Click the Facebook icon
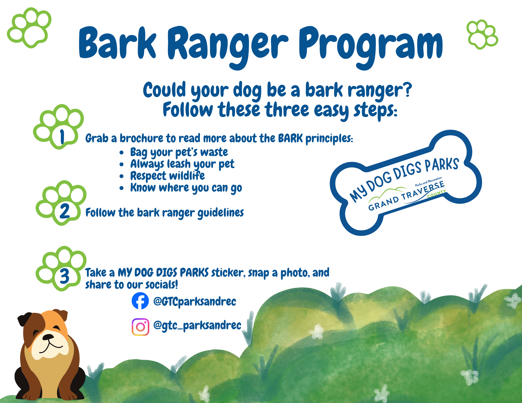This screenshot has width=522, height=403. (140, 301)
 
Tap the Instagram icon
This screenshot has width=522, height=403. (140, 327)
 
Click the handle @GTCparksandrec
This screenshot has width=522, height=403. (195, 302)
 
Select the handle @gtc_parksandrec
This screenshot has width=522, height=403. (197, 325)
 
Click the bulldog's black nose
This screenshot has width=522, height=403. (48, 337)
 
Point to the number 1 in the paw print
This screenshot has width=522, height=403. (62, 137)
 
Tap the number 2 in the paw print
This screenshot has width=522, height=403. (64, 211)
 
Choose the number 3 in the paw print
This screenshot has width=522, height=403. (64, 276)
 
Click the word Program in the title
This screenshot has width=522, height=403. (371, 44)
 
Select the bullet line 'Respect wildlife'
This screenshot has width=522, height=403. (167, 176)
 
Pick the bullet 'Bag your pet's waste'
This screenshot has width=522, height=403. (179, 152)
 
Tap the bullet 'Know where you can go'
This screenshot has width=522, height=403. (186, 188)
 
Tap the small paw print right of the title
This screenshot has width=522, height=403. (482, 34)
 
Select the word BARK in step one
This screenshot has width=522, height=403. (290, 138)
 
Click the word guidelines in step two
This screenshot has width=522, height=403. (221, 213)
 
